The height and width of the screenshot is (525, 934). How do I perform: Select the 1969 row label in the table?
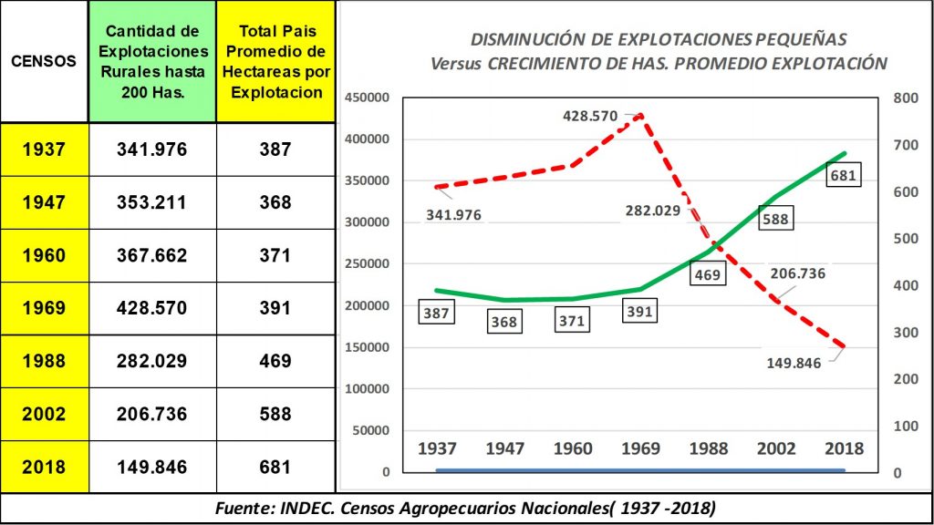click(44, 309)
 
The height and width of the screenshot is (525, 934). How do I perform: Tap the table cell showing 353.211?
click(151, 202)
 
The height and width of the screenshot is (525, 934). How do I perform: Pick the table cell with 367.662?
click(151, 256)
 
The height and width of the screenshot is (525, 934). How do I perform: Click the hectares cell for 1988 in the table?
click(274, 362)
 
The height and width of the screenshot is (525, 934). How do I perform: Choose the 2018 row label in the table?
click(44, 468)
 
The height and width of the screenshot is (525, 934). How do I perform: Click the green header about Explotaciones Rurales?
click(151, 62)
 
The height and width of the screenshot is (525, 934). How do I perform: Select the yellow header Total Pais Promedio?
click(274, 62)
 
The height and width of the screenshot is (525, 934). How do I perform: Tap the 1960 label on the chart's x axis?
click(572, 448)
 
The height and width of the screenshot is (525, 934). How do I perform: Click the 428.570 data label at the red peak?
click(591, 117)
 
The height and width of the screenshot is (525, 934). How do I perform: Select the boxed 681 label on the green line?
click(842, 175)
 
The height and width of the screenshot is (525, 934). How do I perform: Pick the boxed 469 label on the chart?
click(707, 273)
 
